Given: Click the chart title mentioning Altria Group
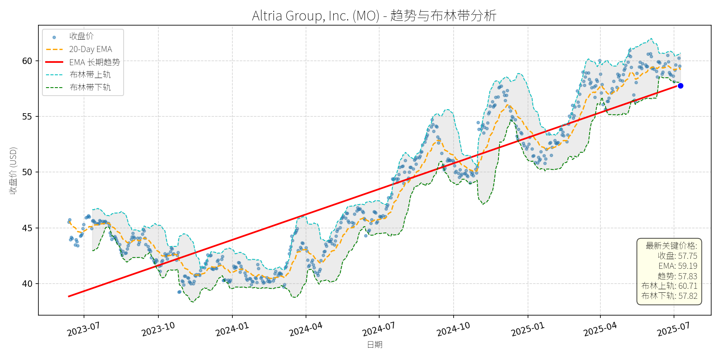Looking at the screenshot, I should coord(374,16).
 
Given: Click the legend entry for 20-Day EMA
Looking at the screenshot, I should coord(90,49).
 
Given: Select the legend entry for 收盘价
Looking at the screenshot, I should coord(81,36).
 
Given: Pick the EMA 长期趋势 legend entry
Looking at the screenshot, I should coord(94,62).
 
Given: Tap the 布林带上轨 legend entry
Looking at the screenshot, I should coord(90,75).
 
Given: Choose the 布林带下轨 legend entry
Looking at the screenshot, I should coord(90,87).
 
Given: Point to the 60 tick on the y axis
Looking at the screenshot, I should coord(27,61).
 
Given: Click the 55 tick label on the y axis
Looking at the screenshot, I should coord(27,117).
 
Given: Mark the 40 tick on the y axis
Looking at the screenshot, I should coord(27,284).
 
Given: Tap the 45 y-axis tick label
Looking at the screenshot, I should coord(27,228).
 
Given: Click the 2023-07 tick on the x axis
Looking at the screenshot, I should coord(83,330).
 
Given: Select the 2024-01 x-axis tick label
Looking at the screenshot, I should coord(232,330).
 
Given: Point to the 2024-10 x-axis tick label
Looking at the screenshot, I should coord(453,330).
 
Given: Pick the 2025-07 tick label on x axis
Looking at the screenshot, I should coord(674,330).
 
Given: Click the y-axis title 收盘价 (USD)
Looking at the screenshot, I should coord(13,170).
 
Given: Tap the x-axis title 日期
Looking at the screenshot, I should coord(375,344).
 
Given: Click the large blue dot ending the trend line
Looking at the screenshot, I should coord(680,86).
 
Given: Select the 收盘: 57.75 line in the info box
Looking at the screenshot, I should coord(677,256).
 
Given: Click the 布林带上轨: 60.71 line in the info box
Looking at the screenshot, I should coord(669,286).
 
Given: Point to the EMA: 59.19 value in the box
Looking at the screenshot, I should coord(678,266).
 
